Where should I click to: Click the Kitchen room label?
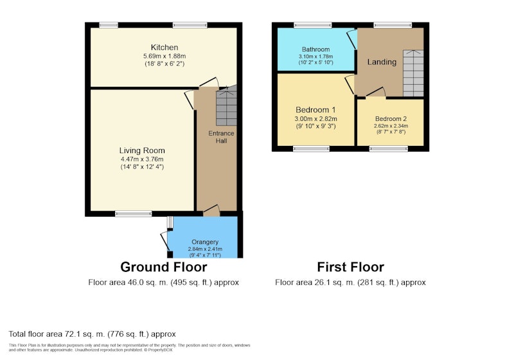click(164, 47)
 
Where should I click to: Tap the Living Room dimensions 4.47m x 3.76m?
click(142, 159)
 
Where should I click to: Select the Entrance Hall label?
click(221, 137)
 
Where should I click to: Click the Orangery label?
click(205, 242)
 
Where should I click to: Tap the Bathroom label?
click(315, 50)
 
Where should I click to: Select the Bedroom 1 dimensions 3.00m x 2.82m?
click(316, 119)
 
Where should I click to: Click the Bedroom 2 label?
click(391, 119)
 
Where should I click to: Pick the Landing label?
click(382, 62)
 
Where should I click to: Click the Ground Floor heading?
click(164, 267)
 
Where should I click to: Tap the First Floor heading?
click(350, 267)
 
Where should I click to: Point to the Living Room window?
click(134, 214)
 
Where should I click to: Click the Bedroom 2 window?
click(389, 149)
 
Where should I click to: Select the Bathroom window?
click(313, 25)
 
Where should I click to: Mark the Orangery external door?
click(165, 242)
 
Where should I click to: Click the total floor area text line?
click(92, 334)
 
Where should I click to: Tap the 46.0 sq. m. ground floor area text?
click(148, 282)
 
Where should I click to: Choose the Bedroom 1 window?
click(311, 149)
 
